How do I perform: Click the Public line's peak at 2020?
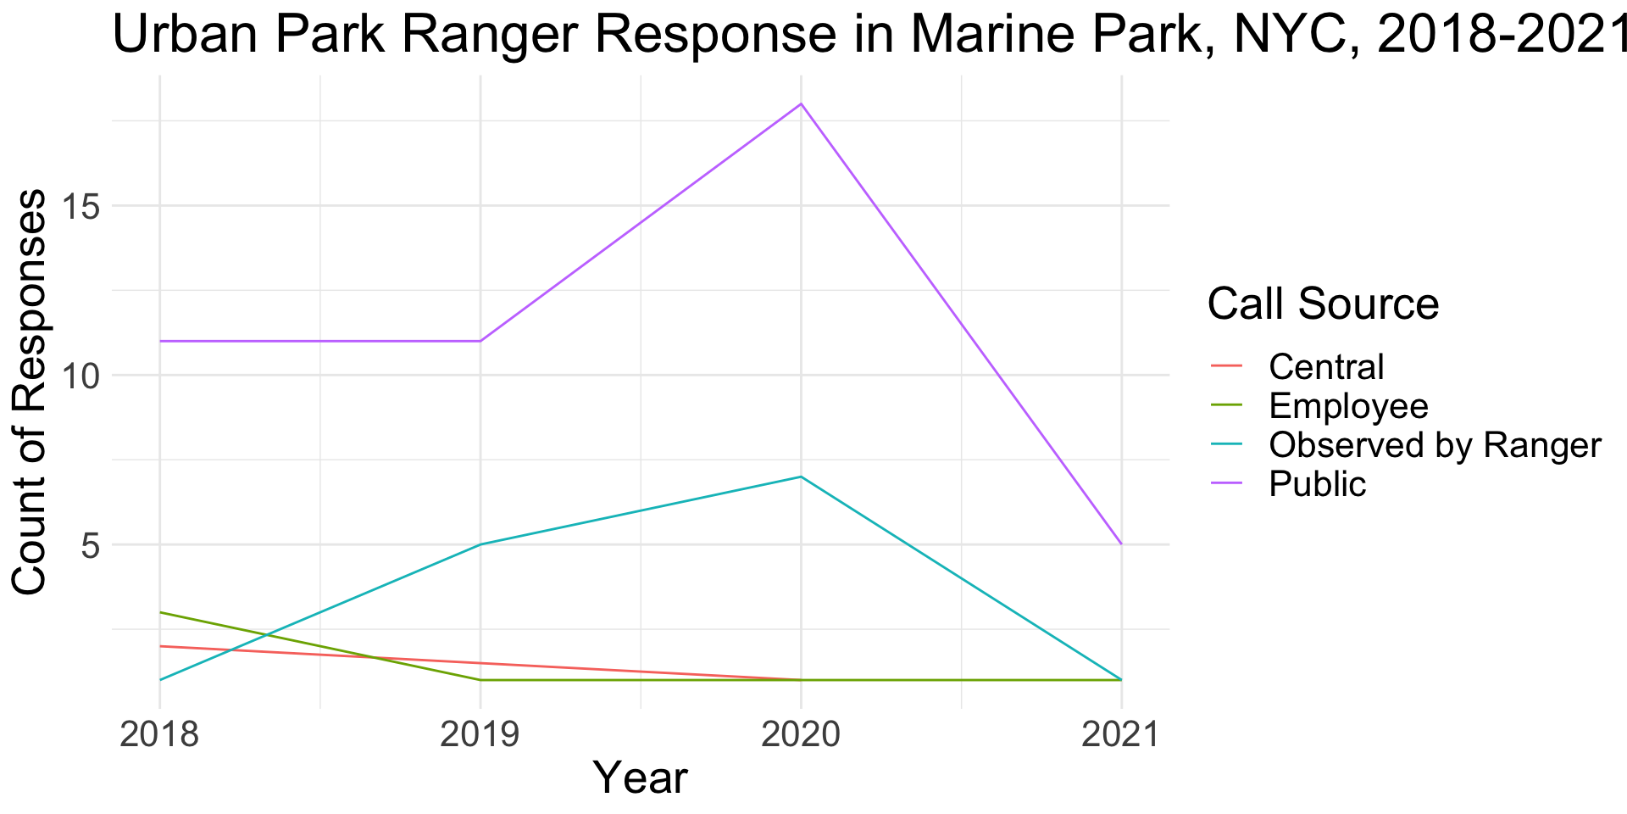(x=801, y=104)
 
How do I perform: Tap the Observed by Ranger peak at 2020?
(x=801, y=477)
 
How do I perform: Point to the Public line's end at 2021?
(x=1121, y=544)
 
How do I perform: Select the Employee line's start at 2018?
(x=160, y=612)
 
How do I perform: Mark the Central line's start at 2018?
(x=160, y=646)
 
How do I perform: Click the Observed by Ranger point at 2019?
(x=480, y=544)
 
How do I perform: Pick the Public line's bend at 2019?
(x=480, y=341)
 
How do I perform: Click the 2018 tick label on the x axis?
(x=160, y=734)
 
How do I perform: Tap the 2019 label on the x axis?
(x=480, y=734)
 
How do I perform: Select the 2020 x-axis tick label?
(x=801, y=734)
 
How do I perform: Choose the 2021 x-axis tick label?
(x=1121, y=734)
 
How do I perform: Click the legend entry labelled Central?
(x=1326, y=367)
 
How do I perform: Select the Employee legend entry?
(x=1348, y=406)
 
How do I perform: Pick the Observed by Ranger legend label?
(x=1435, y=445)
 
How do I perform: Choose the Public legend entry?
(x=1318, y=484)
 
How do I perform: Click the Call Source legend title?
(x=1323, y=304)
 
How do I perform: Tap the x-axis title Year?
(x=640, y=778)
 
